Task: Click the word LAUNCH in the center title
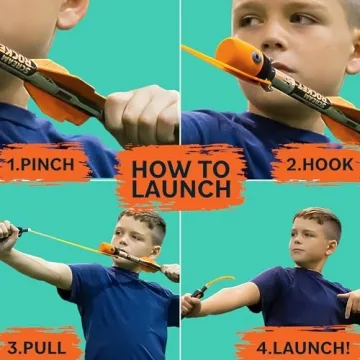tap(180, 190)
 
